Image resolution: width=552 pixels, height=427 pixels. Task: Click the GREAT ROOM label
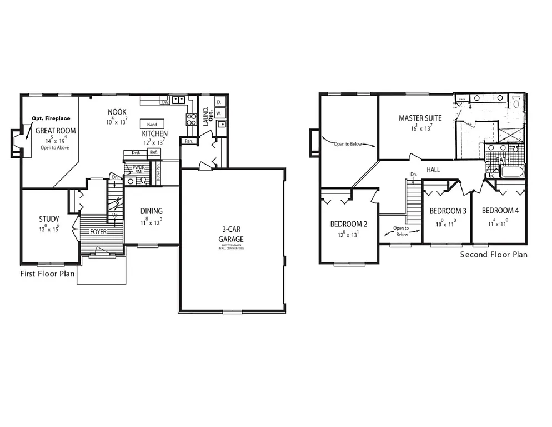pyautogui.click(x=56, y=131)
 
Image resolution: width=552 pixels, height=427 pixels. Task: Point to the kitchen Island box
pyautogui.click(x=152, y=124)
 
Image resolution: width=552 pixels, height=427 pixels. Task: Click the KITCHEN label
pyautogui.click(x=155, y=134)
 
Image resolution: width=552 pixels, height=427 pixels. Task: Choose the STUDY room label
pyautogui.click(x=49, y=219)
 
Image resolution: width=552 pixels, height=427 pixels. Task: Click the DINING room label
pyautogui.click(x=151, y=211)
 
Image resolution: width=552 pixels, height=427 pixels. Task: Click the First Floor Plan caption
pyautogui.click(x=47, y=274)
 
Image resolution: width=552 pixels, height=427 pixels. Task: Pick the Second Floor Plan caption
pyautogui.click(x=494, y=255)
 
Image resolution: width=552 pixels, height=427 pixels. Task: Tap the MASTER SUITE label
pyautogui.click(x=420, y=118)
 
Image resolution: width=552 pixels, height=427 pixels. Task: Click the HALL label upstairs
pyautogui.click(x=433, y=170)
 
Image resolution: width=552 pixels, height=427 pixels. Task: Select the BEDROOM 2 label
pyautogui.click(x=348, y=224)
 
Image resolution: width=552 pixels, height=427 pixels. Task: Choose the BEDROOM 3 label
pyautogui.click(x=447, y=211)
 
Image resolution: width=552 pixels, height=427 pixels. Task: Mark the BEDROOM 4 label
pyautogui.click(x=500, y=211)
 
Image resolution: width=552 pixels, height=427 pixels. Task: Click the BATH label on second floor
pyautogui.click(x=502, y=160)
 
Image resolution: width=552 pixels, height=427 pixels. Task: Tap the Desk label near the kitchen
pyautogui.click(x=136, y=152)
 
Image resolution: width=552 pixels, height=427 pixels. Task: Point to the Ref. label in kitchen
pyautogui.click(x=154, y=152)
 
